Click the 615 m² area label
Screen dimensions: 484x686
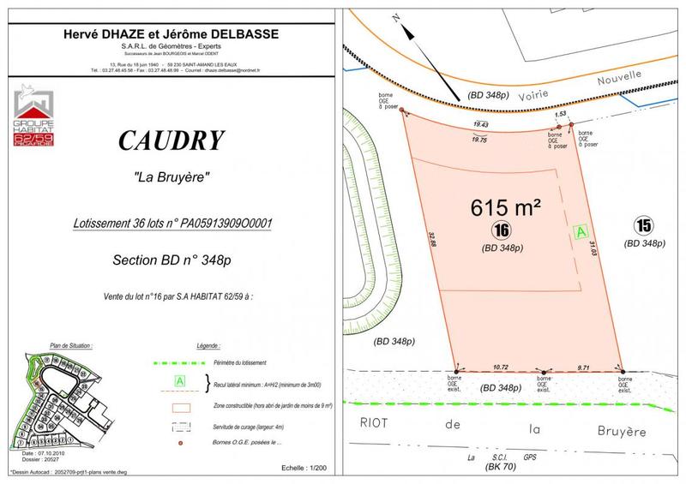(506, 208)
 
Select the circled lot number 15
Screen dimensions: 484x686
(644, 226)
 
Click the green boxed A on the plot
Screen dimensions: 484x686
(581, 231)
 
